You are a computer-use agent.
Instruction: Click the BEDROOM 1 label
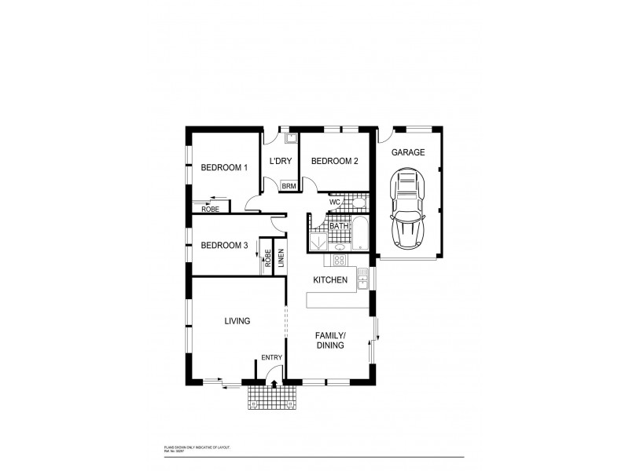pos(223,167)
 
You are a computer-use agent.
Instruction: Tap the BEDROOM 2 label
pos(334,161)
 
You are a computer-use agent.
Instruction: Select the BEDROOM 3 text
pos(224,246)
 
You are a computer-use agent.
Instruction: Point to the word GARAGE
pos(409,152)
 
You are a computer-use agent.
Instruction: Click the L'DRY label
pos(281,162)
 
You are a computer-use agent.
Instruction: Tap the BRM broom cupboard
pos(289,186)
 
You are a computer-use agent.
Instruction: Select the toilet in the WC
pos(358,203)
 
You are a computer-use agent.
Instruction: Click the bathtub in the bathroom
pos(359,233)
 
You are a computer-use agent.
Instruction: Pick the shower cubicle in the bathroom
pos(318,243)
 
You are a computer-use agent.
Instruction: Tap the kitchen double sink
pos(363,277)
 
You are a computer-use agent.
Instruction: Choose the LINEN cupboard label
pos(280,257)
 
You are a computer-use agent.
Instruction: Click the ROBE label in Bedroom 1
pos(209,209)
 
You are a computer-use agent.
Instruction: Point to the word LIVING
pos(237,321)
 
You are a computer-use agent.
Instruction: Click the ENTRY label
pos(271,358)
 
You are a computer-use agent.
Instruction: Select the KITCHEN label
pos(330,280)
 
